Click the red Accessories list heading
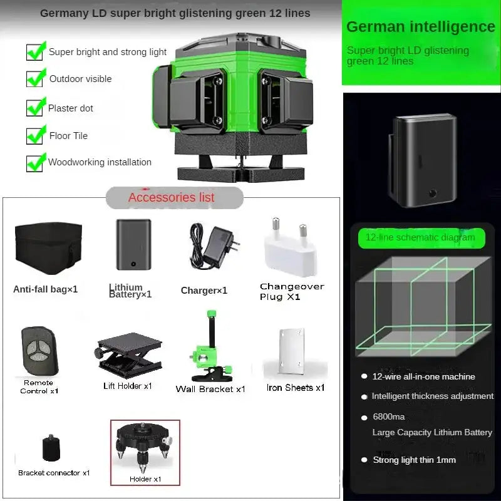click(172, 197)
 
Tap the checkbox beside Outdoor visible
click(35, 79)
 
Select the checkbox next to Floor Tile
click(35, 135)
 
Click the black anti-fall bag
click(48, 248)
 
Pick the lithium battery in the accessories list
click(133, 244)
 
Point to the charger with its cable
click(212, 247)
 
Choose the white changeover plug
click(289, 250)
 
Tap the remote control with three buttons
click(38, 351)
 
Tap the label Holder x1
click(145, 478)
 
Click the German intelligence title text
click(420, 27)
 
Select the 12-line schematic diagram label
click(420, 237)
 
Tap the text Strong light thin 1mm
click(414, 460)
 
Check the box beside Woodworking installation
click(35, 162)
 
